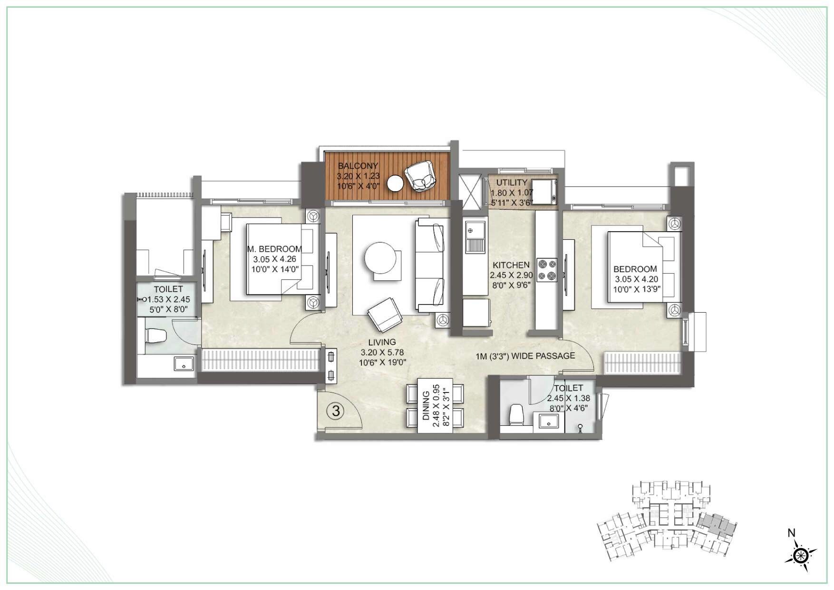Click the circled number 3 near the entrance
point(336,411)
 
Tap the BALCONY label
point(358,166)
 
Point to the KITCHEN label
point(511,265)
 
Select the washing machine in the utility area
point(544,192)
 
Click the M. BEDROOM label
point(274,249)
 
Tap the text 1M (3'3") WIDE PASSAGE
point(525,355)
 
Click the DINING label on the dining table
point(426,406)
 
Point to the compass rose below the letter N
point(801,555)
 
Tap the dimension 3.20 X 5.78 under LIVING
point(382,353)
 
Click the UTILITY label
point(512,183)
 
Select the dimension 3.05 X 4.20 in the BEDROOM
point(636,280)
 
